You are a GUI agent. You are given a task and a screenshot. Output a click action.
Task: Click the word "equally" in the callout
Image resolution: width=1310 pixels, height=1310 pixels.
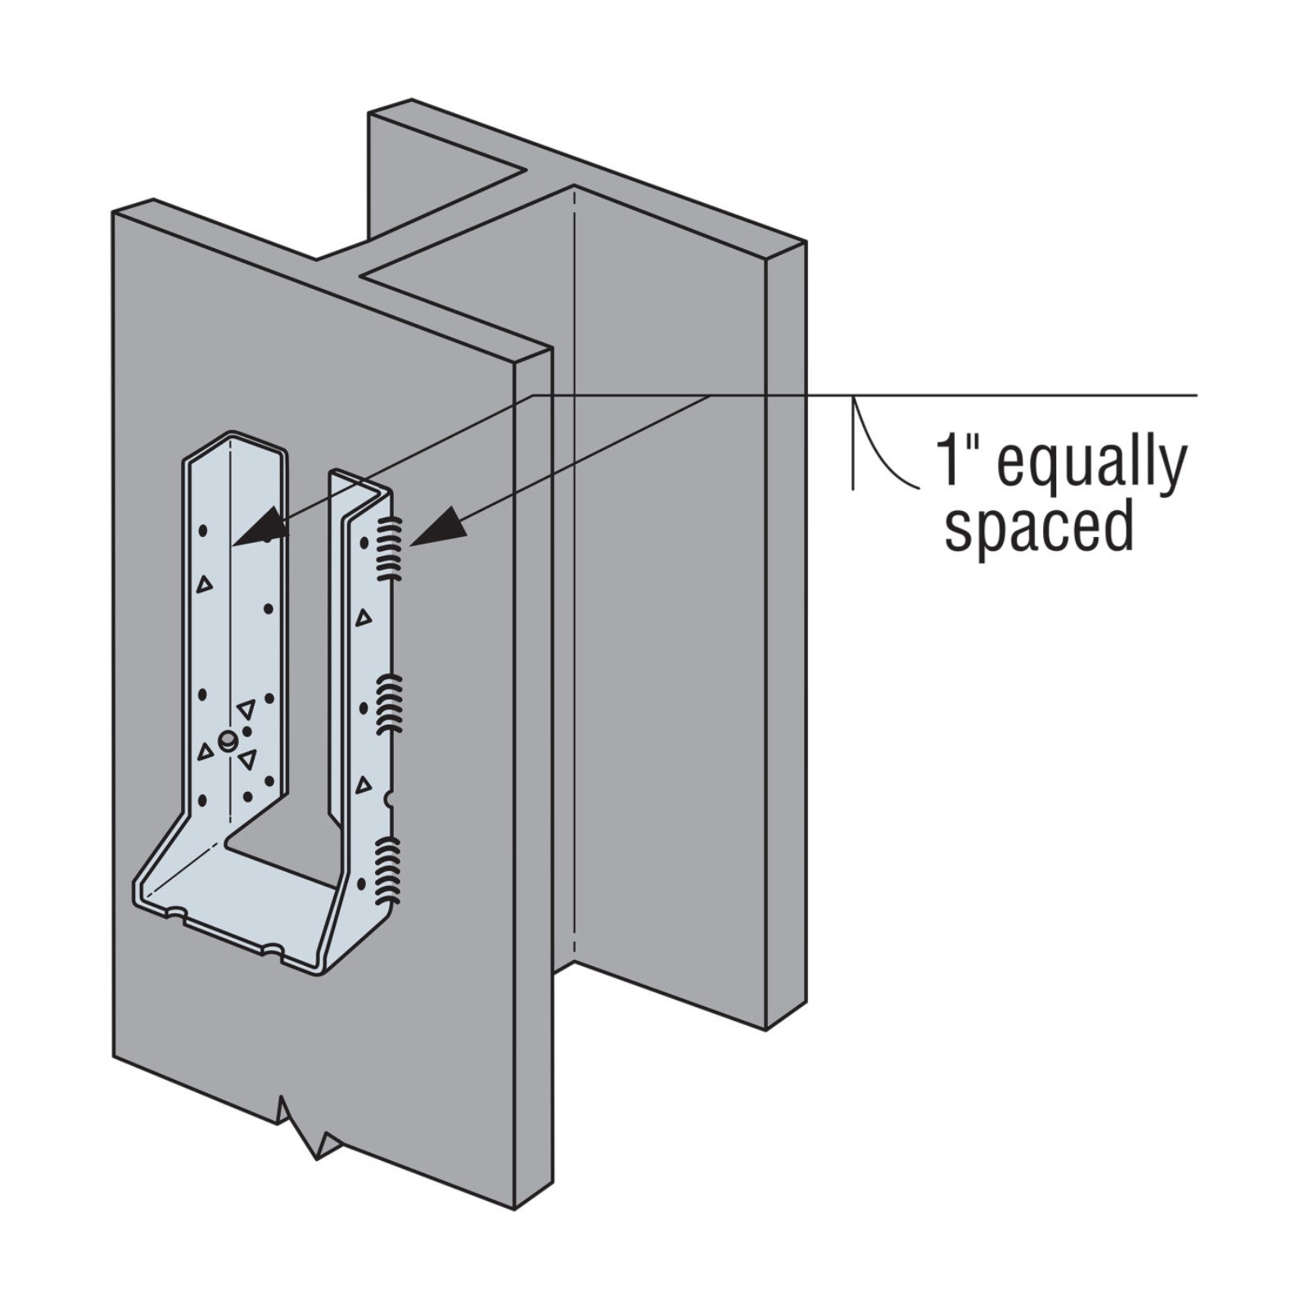coord(1092,465)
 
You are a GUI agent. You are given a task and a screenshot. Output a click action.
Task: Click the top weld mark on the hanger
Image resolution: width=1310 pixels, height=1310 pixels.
coord(391,549)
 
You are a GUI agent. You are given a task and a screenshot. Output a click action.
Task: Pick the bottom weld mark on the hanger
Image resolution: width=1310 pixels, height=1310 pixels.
coord(390,868)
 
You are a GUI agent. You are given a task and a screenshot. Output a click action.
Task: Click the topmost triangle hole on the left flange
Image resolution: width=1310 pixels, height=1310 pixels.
coord(204,584)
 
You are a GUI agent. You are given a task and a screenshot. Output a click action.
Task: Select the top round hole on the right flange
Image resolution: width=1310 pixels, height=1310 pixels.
coord(364,542)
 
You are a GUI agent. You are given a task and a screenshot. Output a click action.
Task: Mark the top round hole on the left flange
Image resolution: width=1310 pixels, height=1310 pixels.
coord(203,531)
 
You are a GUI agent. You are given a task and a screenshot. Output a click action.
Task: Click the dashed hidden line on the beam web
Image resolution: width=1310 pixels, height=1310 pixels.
coord(575,573)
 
